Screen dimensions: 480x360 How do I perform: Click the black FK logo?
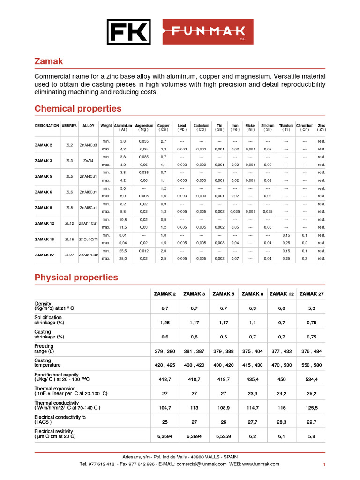128,32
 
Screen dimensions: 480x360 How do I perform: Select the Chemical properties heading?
78,109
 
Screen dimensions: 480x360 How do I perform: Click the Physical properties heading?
76,277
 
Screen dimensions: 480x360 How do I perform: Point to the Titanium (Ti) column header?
286,127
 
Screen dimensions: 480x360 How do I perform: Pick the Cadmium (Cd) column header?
201,127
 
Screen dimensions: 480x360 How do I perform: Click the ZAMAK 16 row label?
45,239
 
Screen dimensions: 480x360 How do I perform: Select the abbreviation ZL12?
69,224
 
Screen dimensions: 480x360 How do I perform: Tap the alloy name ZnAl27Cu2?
88,255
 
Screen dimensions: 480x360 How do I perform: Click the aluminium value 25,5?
123,251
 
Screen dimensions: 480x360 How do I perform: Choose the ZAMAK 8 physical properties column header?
253,294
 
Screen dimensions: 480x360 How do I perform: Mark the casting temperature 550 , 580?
312,365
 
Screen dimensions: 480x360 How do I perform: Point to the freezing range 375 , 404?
253,351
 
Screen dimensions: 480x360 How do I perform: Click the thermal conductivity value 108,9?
224,408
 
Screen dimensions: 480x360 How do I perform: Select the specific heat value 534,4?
312,379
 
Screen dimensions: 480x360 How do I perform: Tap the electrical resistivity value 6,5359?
224,436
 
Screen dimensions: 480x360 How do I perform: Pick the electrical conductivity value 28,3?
282,422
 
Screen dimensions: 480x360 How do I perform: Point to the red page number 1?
324,465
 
